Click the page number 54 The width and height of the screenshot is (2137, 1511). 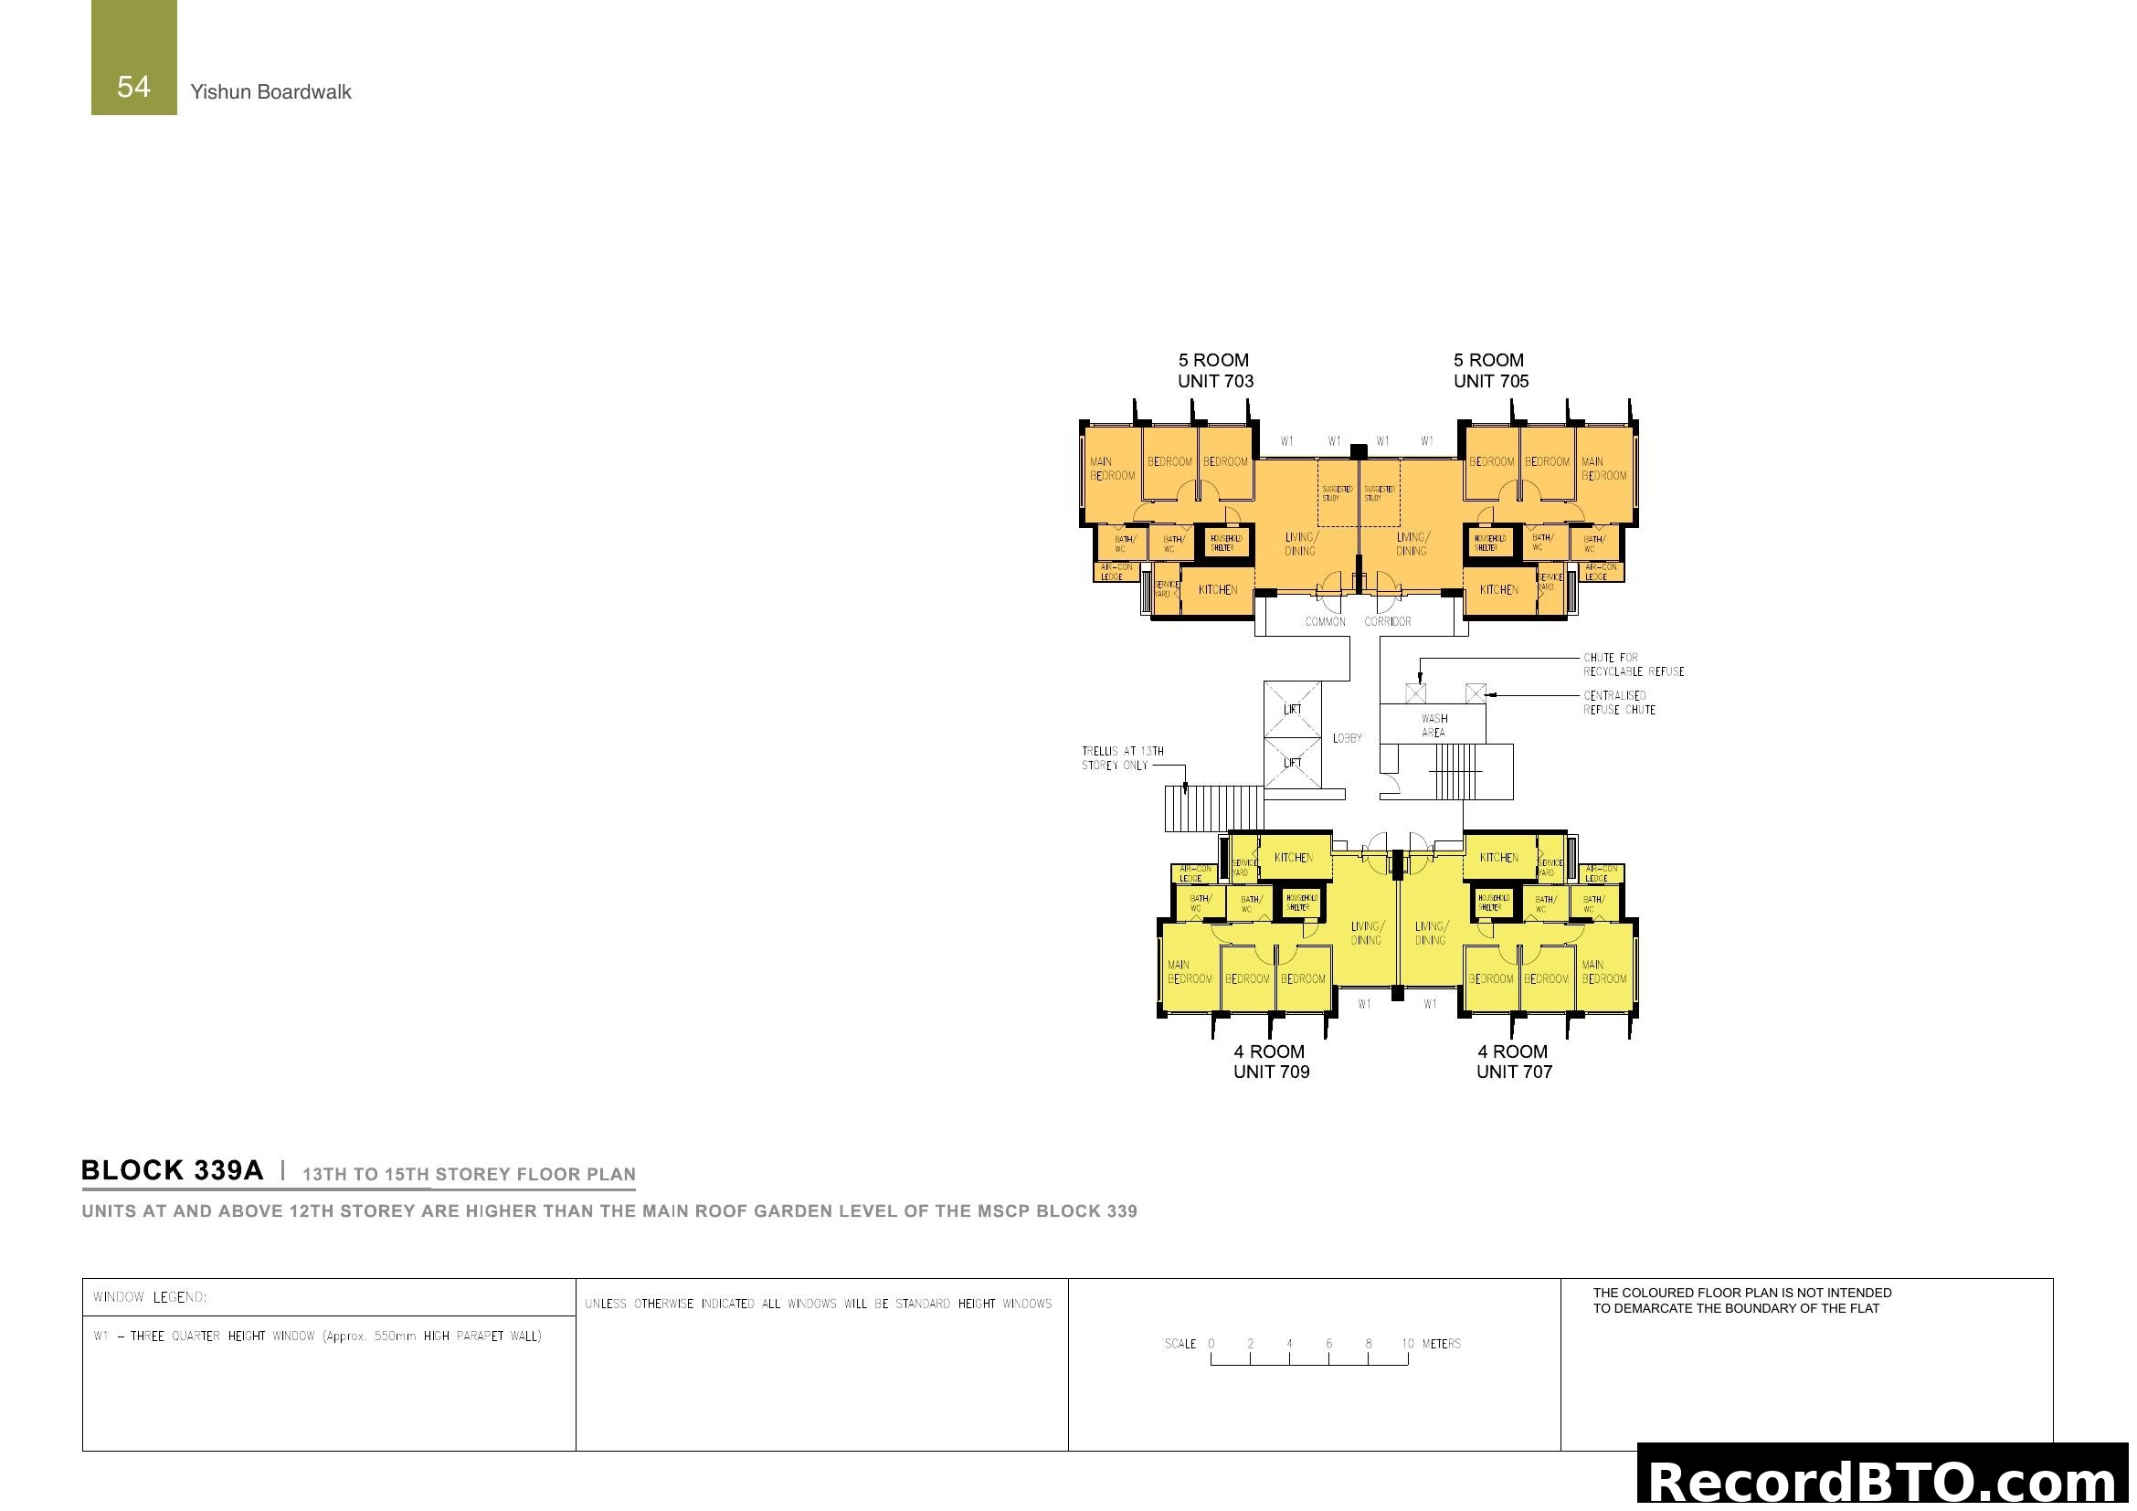pyautogui.click(x=133, y=87)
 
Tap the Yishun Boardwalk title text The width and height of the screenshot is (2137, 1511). pyautogui.click(x=270, y=92)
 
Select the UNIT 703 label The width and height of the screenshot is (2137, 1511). pyautogui.click(x=1214, y=381)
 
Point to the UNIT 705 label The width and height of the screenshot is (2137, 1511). pyautogui.click(x=1490, y=381)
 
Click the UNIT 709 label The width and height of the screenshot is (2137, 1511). pyautogui.click(x=1271, y=1071)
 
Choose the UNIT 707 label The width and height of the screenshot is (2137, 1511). pyautogui.click(x=1513, y=1071)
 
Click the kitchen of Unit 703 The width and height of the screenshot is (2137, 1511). pyautogui.click(x=1217, y=590)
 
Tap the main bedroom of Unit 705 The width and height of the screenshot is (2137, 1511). pyautogui.click(x=1603, y=469)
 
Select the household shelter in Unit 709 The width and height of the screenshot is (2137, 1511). pyautogui.click(x=1297, y=903)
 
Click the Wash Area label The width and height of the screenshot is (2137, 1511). pyautogui.click(x=1433, y=725)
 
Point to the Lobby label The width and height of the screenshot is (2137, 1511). pyautogui.click(x=1347, y=738)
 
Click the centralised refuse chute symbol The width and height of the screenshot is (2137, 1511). pyautogui.click(x=1475, y=693)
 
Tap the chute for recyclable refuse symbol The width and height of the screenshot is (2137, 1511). pyautogui.click(x=1415, y=693)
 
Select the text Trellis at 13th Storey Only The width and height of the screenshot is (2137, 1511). pyautogui.click(x=1122, y=758)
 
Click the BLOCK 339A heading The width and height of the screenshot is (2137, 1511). pyautogui.click(x=172, y=1170)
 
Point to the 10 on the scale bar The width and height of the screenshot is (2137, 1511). pyautogui.click(x=1407, y=1344)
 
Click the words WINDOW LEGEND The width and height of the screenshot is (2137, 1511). pyautogui.click(x=150, y=1297)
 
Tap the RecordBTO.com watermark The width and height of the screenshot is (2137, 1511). pyautogui.click(x=1885, y=1480)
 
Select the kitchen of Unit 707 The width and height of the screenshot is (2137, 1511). pyautogui.click(x=1498, y=858)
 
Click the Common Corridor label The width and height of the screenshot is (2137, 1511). pyautogui.click(x=1357, y=621)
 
